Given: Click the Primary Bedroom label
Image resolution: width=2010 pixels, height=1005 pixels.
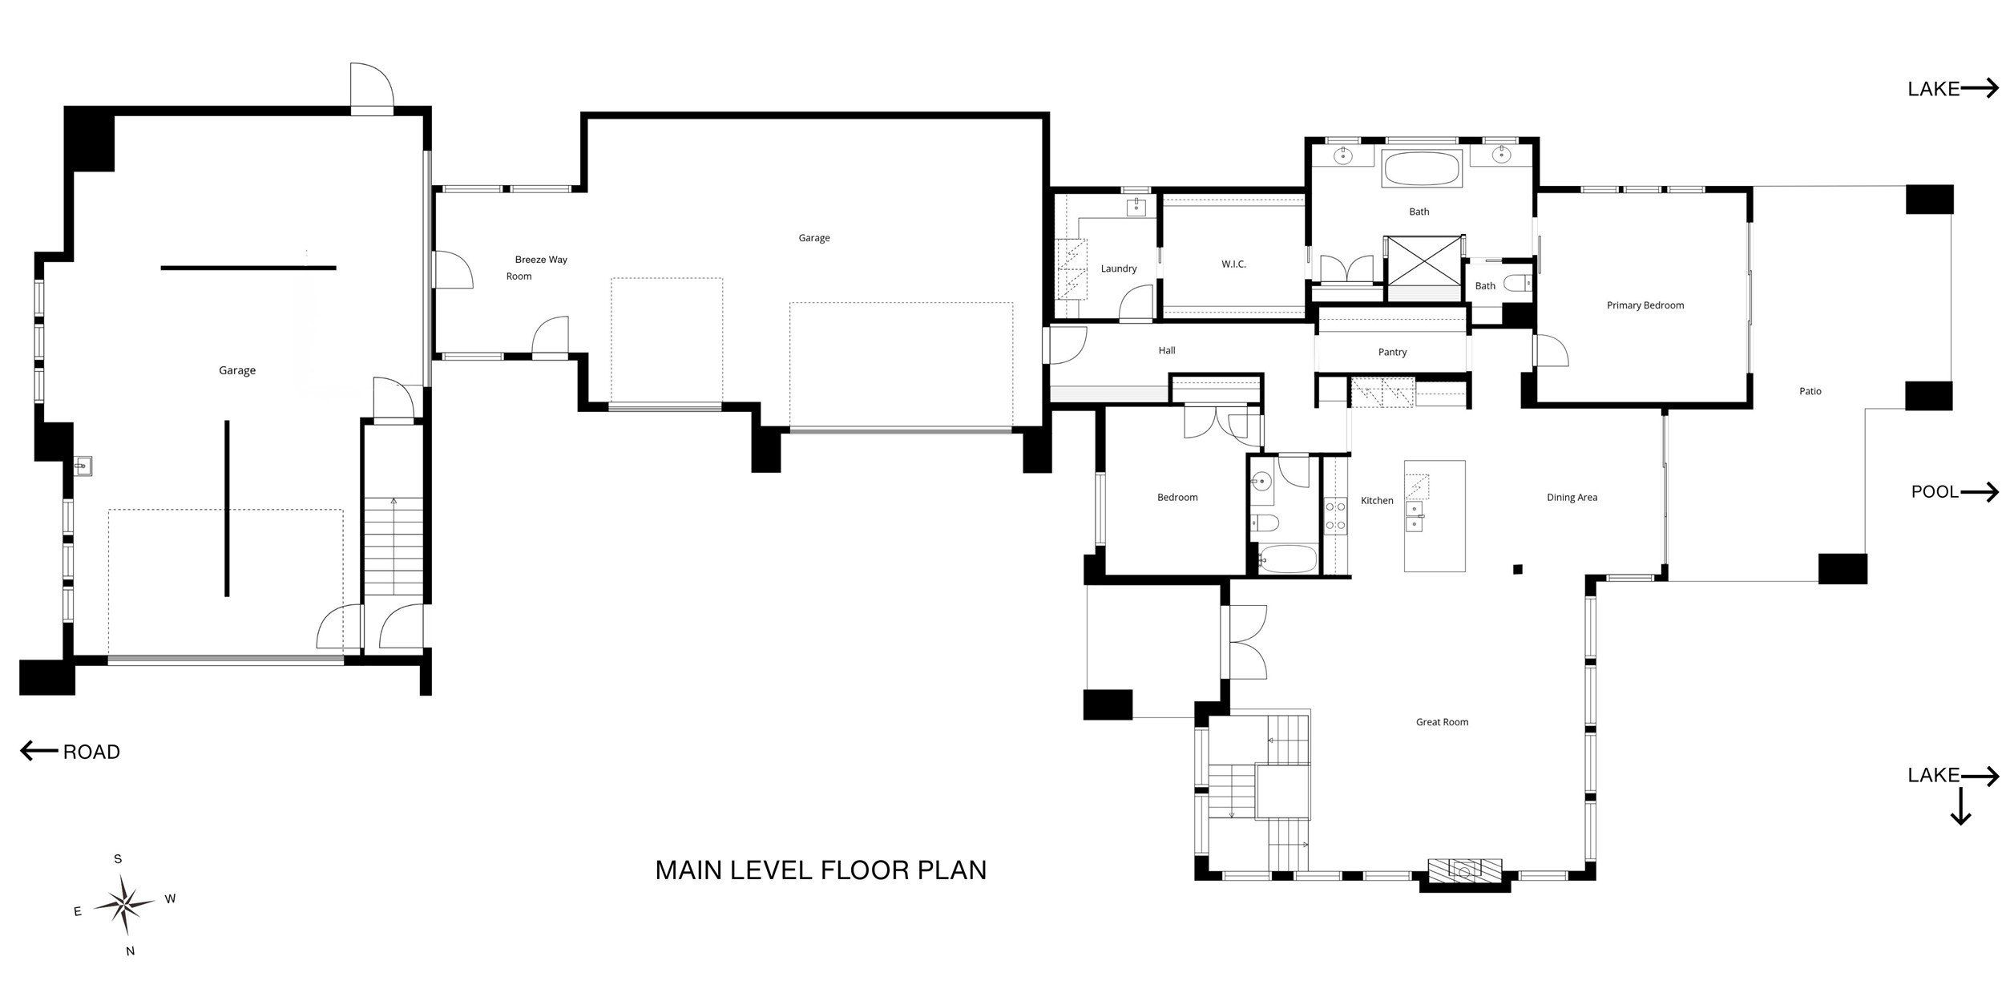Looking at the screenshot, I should pos(1645,305).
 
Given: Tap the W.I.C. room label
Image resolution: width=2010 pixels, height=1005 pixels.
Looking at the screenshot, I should pos(1233,264).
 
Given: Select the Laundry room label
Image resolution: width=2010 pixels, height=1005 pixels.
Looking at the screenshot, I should pos(1118,268).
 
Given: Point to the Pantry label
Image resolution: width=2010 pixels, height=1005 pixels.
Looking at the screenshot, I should pos(1392,352).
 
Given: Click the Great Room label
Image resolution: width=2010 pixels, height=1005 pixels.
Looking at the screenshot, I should pos(1442,722).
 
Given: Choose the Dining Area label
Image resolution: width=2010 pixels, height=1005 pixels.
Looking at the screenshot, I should pos(1572,498).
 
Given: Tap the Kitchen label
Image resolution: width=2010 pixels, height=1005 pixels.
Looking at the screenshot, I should pos(1377,501).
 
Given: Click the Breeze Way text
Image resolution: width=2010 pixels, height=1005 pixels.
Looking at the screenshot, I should pos(541,260).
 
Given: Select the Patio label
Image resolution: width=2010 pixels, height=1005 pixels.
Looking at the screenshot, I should pos(1810,391).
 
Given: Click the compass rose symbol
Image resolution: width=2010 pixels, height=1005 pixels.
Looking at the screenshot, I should pos(125,905).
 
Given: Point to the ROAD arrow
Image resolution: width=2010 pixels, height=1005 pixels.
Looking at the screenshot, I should pos(38,752).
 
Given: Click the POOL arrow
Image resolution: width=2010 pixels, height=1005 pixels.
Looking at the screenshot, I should pos(1979,492).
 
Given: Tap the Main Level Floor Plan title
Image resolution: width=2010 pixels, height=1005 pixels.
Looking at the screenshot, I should pos(821,870).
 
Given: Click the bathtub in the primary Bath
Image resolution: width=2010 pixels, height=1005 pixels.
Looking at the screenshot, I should pos(1422,170).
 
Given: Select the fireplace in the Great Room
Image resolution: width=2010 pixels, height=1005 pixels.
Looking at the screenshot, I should pos(1464,870).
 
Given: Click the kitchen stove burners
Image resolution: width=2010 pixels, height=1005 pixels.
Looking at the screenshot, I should pos(1335,515).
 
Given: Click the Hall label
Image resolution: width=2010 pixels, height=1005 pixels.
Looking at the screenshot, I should pos(1166,350).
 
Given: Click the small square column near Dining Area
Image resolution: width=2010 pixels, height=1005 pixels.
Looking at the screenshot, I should pos(1517,570).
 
